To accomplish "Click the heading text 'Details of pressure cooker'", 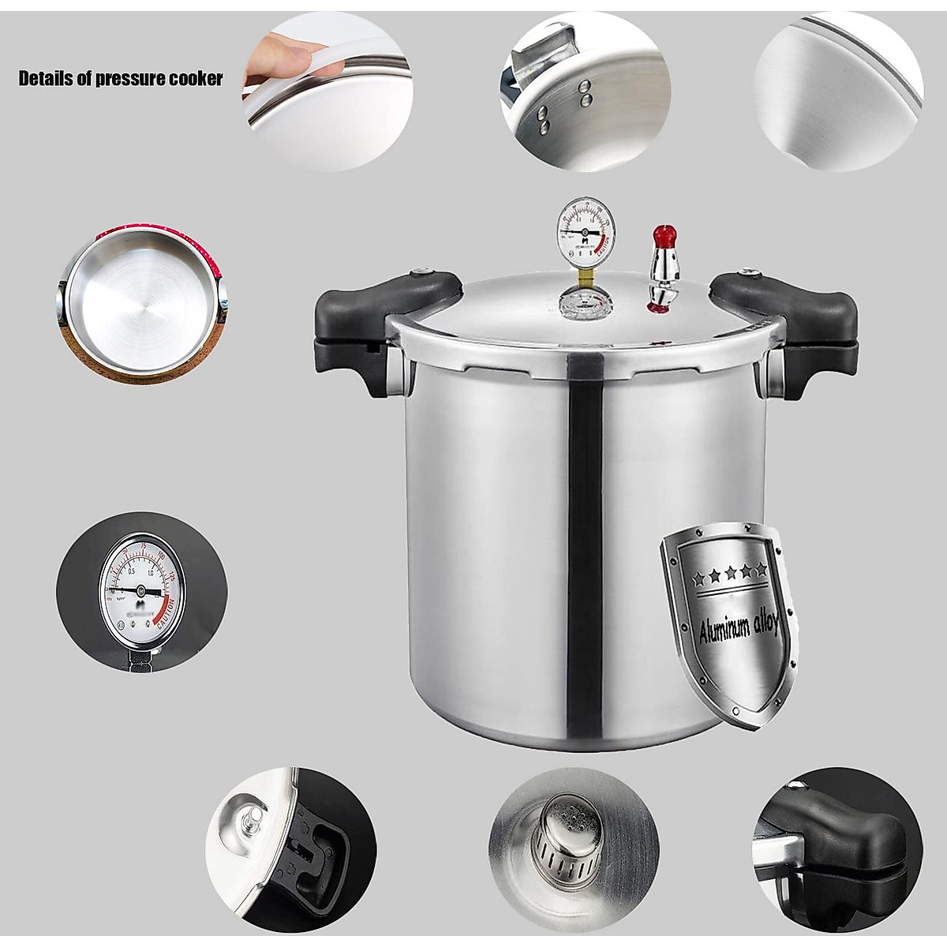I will [121, 79].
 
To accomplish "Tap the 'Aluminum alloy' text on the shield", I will [739, 629].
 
